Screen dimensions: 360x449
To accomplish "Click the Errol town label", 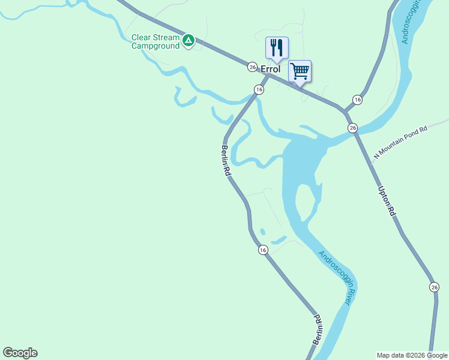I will tap(270, 69).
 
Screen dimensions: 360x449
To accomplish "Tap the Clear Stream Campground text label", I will tap(155, 41).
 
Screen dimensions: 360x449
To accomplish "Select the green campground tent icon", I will tap(188, 41).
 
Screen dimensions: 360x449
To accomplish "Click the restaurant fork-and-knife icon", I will tap(277, 47).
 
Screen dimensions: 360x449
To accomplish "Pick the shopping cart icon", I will tap(300, 71).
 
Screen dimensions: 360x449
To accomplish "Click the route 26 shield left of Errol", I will tap(252, 67).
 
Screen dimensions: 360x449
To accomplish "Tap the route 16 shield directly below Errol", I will tap(259, 89).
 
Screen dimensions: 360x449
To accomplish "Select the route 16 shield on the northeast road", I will tap(357, 100).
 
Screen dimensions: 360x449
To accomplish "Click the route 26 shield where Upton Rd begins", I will tap(352, 128).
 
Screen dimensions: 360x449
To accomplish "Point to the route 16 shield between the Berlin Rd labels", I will tap(263, 250).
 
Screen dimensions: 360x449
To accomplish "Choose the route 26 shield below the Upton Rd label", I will tap(435, 287).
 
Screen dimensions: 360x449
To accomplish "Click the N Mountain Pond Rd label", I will tap(400, 142).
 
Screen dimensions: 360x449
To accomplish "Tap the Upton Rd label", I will tap(387, 200).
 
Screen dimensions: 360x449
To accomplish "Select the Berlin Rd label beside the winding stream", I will tap(226, 160).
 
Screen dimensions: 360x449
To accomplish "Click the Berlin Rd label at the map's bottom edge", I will tap(318, 329).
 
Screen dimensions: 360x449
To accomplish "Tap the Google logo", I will tap(20, 353).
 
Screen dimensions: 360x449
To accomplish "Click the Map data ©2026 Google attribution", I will tap(412, 355).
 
